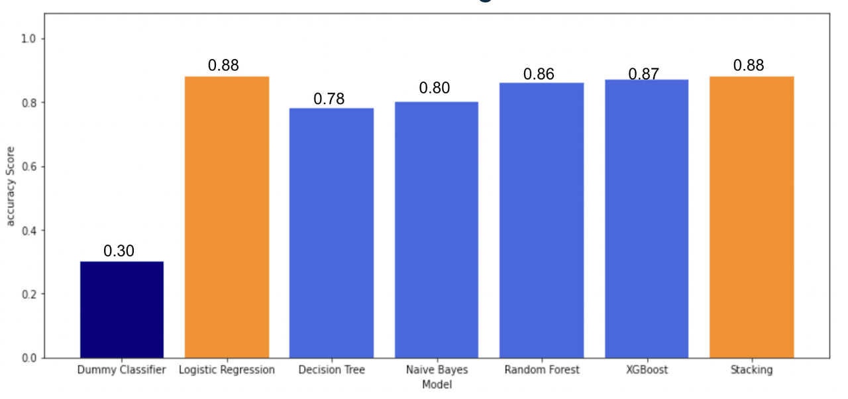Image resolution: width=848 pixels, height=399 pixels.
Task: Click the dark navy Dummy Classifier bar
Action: pos(122,310)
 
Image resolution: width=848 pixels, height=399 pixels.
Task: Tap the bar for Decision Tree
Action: pos(331,233)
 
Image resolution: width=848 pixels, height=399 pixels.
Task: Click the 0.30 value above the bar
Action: pos(119,251)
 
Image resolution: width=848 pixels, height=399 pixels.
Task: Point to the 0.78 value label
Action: pos(329,99)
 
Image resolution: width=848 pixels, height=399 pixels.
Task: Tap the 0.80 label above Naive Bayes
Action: pos(435,88)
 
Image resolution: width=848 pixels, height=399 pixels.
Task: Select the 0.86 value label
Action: pos(539,74)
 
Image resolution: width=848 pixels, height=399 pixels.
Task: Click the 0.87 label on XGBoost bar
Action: pos(643,74)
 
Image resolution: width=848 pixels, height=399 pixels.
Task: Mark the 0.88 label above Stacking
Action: pos(749,66)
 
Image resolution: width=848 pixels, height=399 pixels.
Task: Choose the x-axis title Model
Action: pos(437,384)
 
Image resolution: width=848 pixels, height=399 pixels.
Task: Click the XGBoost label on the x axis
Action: pos(647,370)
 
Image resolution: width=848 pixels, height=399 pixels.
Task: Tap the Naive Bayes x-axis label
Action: pos(437,370)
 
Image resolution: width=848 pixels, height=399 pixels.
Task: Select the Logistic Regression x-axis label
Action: pos(227,370)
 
